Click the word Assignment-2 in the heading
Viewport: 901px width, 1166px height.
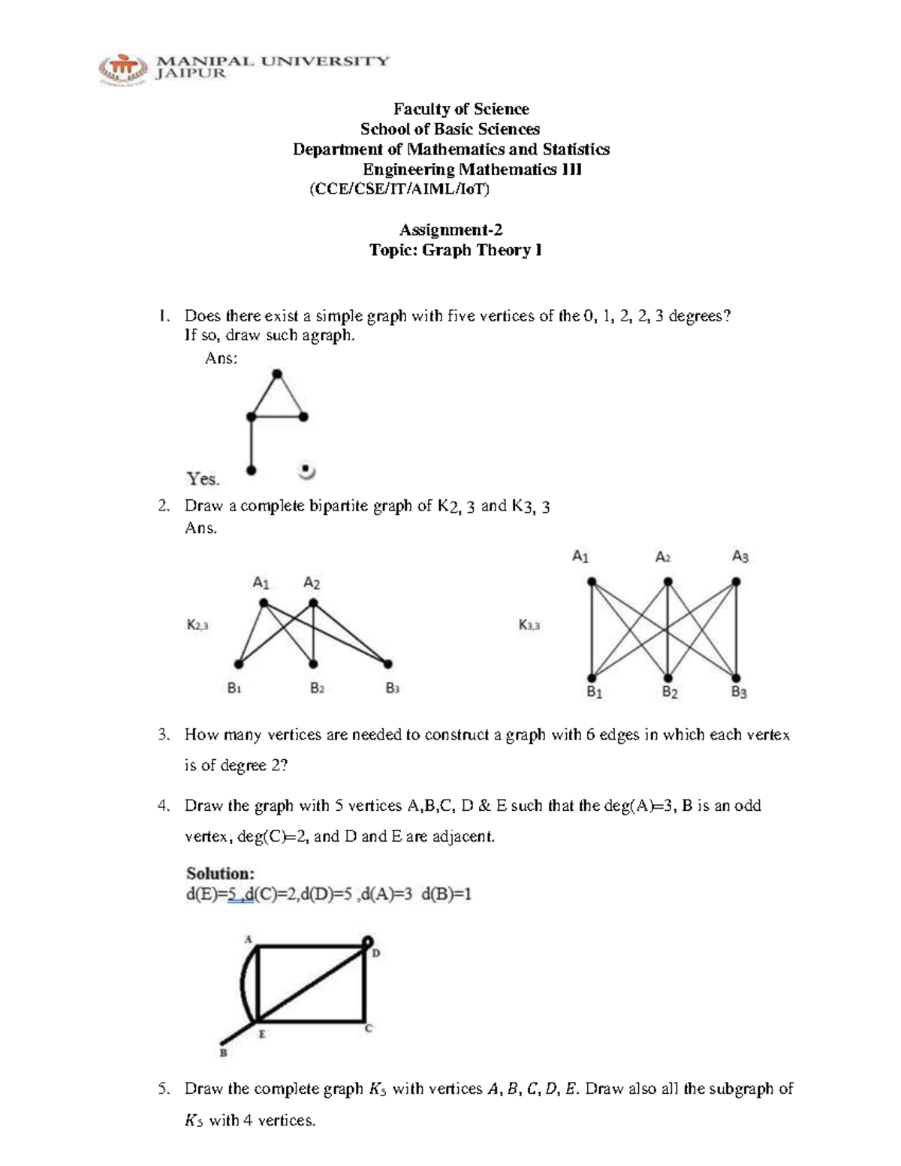(x=450, y=230)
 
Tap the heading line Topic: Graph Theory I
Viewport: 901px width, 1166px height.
(x=455, y=250)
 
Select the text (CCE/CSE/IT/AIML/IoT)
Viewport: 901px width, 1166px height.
(x=399, y=189)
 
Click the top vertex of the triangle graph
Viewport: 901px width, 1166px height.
(x=277, y=373)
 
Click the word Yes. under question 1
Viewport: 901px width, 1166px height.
(x=203, y=478)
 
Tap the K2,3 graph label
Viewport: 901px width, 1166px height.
(x=197, y=624)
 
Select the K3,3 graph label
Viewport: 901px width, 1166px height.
(x=529, y=625)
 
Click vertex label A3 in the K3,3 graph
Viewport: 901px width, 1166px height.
(x=740, y=557)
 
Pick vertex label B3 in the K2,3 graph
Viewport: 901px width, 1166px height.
(x=392, y=688)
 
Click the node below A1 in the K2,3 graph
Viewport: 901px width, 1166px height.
(x=263, y=603)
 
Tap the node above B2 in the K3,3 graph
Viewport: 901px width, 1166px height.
(x=667, y=676)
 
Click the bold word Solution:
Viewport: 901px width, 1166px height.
(x=220, y=873)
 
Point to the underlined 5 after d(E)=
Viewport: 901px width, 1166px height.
(x=233, y=894)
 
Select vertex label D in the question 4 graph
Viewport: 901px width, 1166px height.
(x=376, y=954)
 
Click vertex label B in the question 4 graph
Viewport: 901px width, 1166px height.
(x=223, y=1053)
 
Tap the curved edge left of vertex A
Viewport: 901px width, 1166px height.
(x=243, y=984)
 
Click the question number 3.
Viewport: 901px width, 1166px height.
(x=163, y=735)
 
